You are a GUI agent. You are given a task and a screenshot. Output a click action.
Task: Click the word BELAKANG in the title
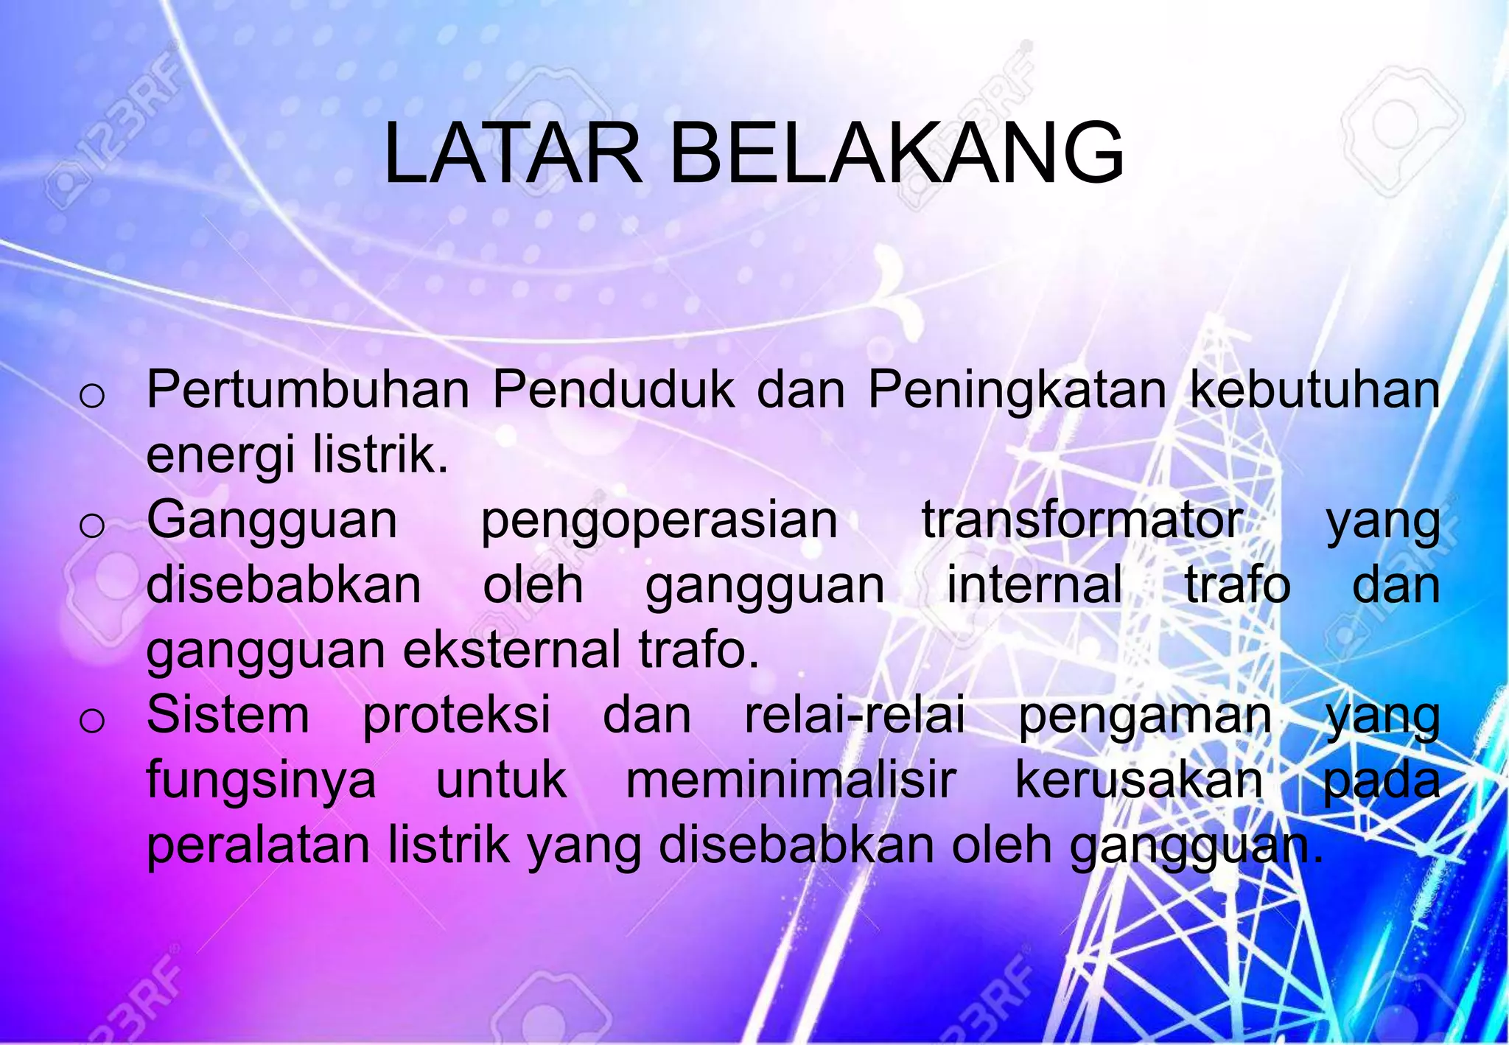[x=897, y=154]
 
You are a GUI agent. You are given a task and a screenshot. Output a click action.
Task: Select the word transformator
[x=1082, y=520]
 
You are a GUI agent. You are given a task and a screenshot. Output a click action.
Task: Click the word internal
[x=1034, y=585]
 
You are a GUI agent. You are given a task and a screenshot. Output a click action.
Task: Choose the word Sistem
[x=228, y=715]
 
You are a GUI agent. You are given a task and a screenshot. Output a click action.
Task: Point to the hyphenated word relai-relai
[x=855, y=715]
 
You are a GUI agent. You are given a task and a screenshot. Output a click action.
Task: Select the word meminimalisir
[x=791, y=780]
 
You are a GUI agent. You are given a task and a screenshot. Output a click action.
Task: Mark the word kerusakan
[x=1139, y=780]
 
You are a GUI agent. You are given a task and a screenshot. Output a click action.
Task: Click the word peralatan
[x=258, y=846]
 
